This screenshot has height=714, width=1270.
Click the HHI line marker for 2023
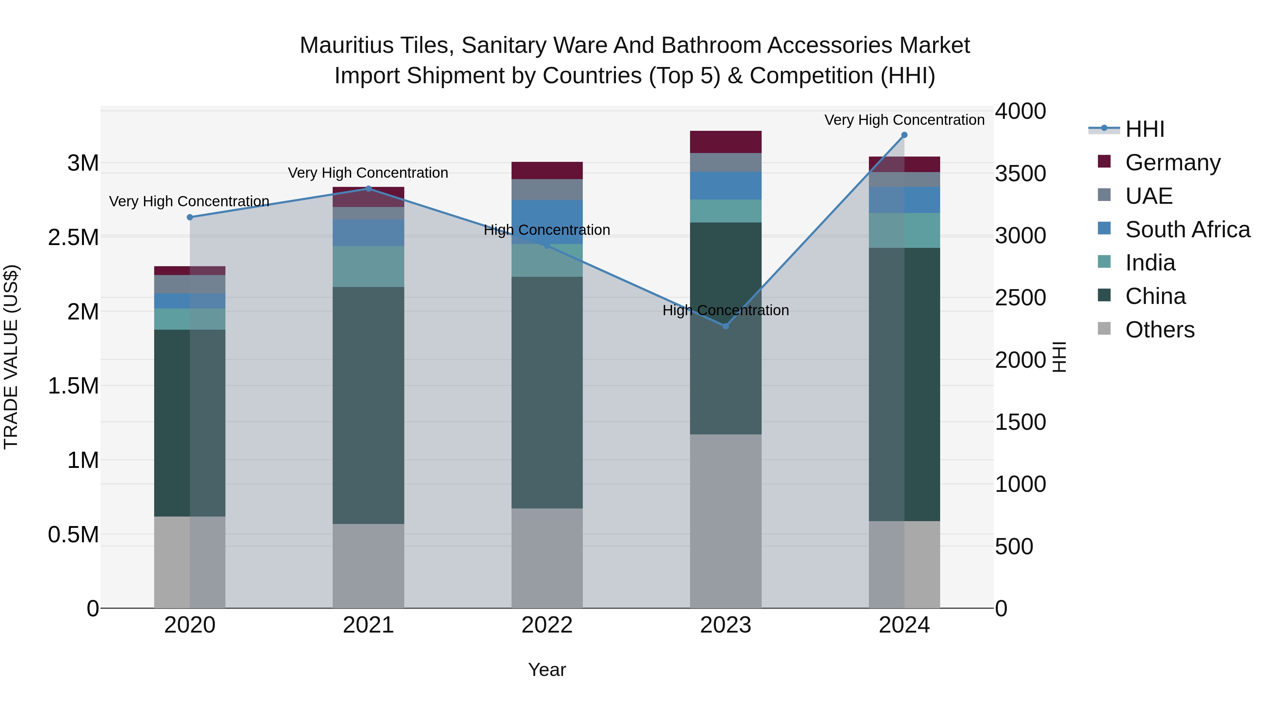click(x=725, y=326)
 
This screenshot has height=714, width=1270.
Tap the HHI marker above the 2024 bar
click(x=904, y=135)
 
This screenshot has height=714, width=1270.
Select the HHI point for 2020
click(x=190, y=217)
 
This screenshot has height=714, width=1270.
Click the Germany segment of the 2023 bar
click(x=725, y=142)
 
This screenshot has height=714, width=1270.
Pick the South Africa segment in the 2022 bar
click(x=547, y=222)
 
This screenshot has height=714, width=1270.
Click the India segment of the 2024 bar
click(x=904, y=230)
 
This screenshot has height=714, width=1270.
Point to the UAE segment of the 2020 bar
click(x=190, y=284)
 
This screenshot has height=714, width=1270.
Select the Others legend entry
click(x=1160, y=330)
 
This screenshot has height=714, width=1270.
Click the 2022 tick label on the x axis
click(x=547, y=625)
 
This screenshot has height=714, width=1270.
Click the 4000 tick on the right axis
click(x=1020, y=111)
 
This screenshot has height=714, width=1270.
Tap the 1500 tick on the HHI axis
click(x=1020, y=422)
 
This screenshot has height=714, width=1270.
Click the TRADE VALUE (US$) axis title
click(x=11, y=357)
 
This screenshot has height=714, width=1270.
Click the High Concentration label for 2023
click(x=725, y=310)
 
